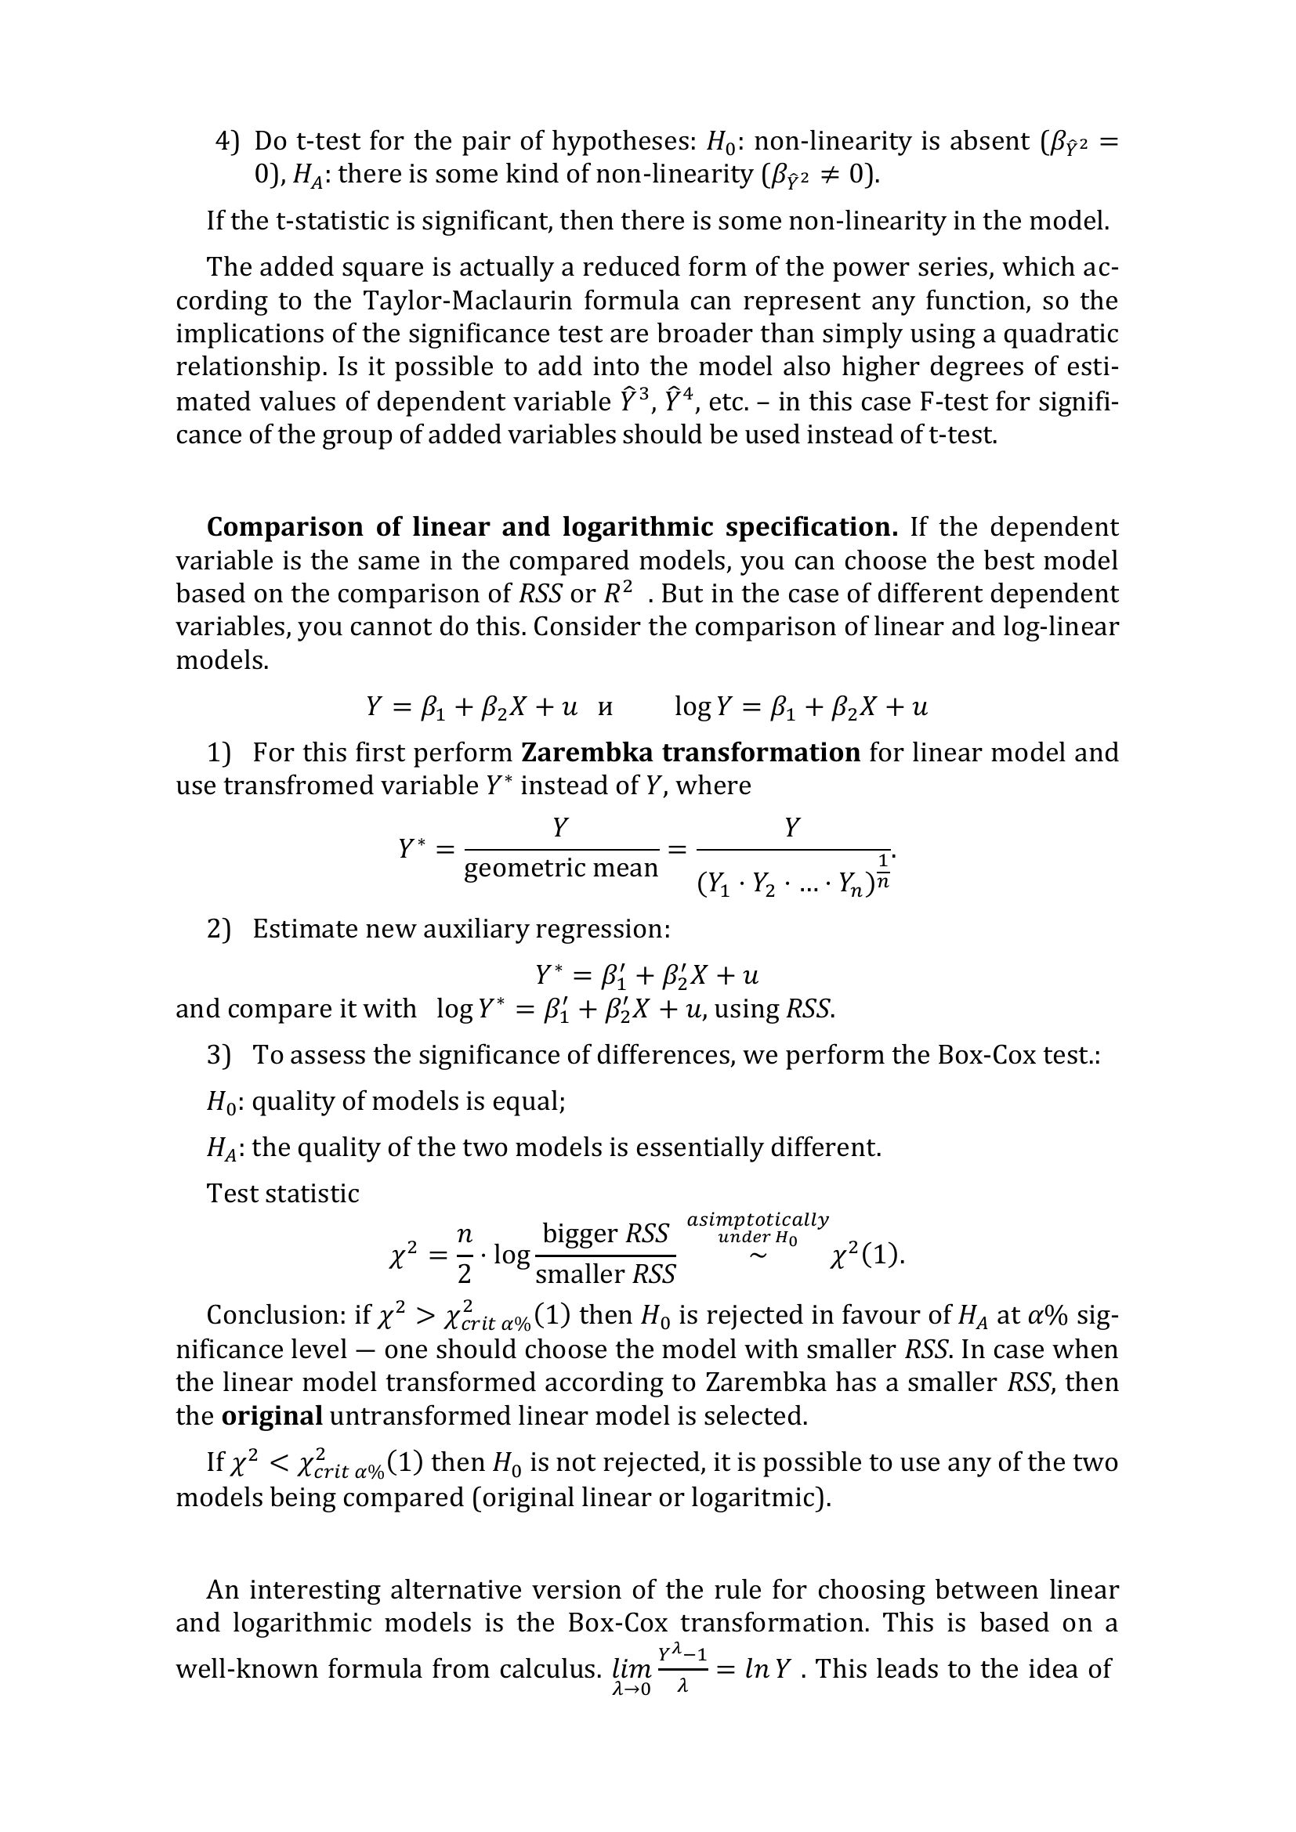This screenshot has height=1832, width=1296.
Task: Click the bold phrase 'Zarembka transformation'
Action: (690, 753)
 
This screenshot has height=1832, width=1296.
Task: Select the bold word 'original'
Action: (271, 1416)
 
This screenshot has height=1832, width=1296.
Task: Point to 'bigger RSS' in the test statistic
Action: (605, 1234)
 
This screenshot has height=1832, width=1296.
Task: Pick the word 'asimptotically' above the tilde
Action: (758, 1220)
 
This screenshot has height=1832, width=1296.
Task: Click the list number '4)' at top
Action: (227, 141)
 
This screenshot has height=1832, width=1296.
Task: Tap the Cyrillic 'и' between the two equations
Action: (606, 708)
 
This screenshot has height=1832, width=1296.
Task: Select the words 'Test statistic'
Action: (283, 1194)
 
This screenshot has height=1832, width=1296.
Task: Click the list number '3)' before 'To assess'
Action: (219, 1055)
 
